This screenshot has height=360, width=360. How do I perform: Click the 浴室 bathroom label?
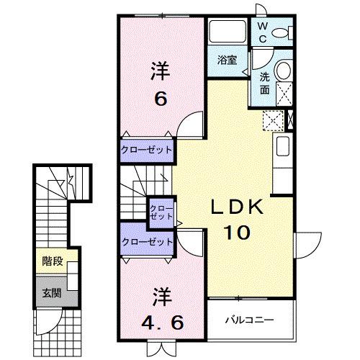click(227, 60)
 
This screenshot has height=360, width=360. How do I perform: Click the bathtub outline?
click(228, 32)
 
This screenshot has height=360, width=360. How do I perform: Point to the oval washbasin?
click(283, 70)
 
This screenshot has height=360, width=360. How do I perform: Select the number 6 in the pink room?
click(161, 99)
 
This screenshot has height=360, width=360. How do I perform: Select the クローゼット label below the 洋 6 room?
click(148, 150)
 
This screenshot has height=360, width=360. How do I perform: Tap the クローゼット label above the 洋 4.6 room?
click(148, 242)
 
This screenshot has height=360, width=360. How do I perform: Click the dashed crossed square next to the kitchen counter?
click(273, 120)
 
